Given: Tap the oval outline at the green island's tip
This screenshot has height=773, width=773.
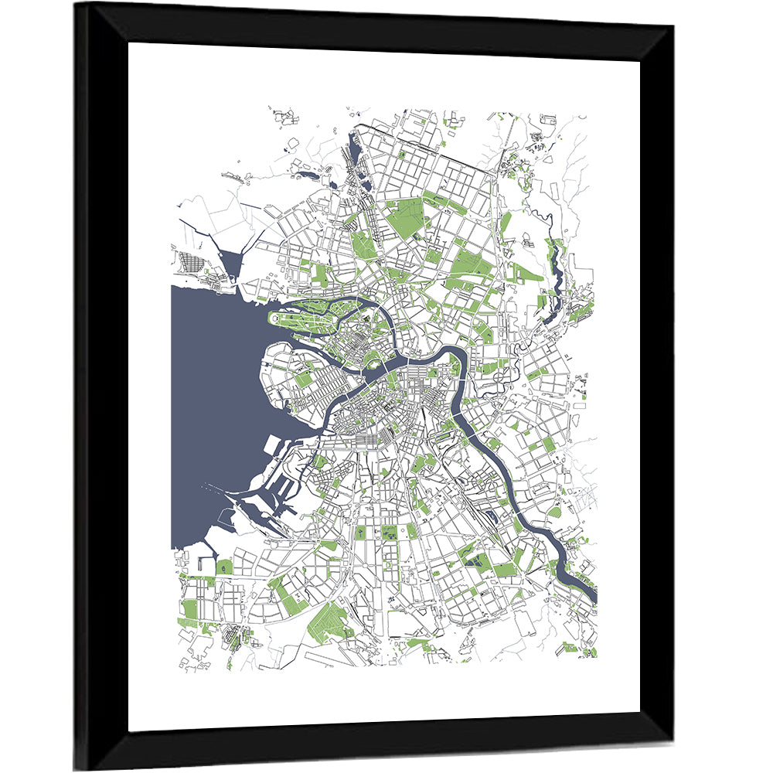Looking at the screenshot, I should pos(274,318).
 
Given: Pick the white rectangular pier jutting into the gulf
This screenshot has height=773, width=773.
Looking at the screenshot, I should pos(274,447).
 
